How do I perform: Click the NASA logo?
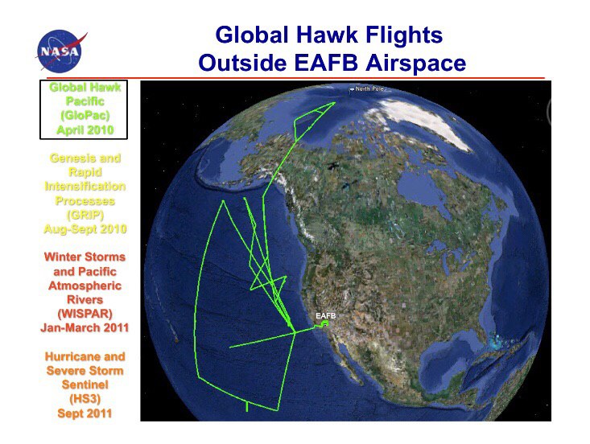[60, 51]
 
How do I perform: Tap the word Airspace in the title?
[415, 64]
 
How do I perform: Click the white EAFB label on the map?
[325, 315]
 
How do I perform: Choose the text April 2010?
[85, 130]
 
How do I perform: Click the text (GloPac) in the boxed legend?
[85, 115]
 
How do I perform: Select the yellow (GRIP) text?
[85, 215]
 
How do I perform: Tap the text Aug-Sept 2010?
[85, 229]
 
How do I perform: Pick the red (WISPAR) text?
[85, 314]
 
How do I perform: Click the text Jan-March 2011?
[85, 328]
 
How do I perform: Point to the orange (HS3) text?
[85, 399]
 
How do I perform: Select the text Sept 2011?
[85, 413]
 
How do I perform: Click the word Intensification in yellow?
[85, 187]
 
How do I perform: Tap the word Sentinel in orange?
[85, 384]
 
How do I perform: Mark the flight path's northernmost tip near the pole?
[335, 102]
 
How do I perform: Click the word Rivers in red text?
[85, 300]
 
